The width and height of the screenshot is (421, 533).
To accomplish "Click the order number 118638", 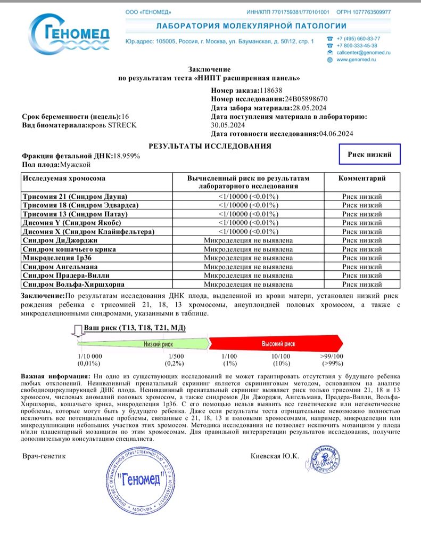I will (271, 91).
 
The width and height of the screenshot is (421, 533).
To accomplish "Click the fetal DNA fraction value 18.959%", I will (127, 156).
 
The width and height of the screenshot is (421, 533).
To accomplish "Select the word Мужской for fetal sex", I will (76, 165).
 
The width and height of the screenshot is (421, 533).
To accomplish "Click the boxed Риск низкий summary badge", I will (370, 155).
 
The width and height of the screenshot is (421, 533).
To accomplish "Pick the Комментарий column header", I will (362, 179).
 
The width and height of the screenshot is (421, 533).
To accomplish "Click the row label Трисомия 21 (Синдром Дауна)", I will (75, 197).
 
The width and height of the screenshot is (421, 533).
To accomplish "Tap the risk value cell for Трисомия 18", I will (248, 205).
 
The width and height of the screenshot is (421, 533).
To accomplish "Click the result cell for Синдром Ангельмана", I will (248, 266).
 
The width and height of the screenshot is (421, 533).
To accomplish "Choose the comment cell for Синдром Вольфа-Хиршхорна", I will (362, 284).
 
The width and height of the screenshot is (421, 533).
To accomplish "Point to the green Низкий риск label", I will (158, 344).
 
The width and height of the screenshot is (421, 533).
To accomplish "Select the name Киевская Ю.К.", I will (275, 456).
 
